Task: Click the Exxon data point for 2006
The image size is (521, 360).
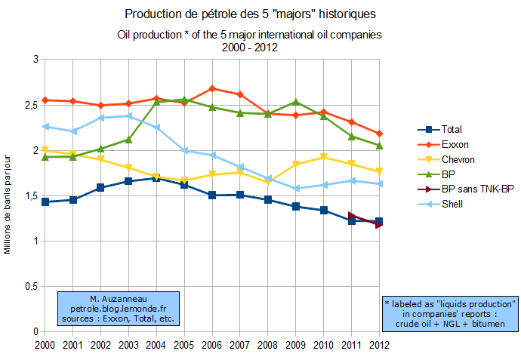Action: tap(212, 88)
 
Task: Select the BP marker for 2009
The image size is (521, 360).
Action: tap(296, 102)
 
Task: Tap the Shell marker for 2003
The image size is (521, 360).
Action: tap(129, 116)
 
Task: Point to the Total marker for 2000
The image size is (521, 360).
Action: tap(45, 202)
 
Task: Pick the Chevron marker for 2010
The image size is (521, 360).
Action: tap(324, 157)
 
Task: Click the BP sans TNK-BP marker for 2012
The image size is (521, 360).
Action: tap(379, 224)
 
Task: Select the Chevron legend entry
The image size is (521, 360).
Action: tap(458, 158)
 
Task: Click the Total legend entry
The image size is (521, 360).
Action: tap(452, 129)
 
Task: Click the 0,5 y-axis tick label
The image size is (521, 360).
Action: tap(30, 286)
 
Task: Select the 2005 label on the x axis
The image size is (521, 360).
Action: tap(184, 344)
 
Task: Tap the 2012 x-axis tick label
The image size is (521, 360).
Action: tap(379, 344)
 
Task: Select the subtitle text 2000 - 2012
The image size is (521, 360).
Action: tap(248, 47)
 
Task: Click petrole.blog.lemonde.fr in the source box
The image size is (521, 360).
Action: tap(121, 309)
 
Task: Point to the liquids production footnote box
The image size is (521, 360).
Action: tap(450, 313)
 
